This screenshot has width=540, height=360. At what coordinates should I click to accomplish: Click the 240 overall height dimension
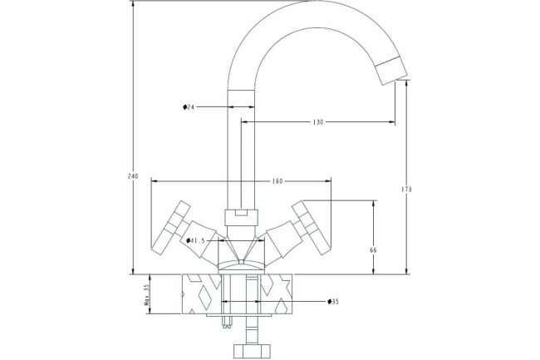(132, 176)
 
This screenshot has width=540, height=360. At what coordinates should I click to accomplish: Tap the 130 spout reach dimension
(318, 122)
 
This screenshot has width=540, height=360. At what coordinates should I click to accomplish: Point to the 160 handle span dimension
(277, 181)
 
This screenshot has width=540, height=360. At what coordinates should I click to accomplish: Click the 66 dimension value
(374, 249)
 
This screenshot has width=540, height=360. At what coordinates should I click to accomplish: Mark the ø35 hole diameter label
(332, 301)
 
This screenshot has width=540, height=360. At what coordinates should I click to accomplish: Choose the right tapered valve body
(282, 236)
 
